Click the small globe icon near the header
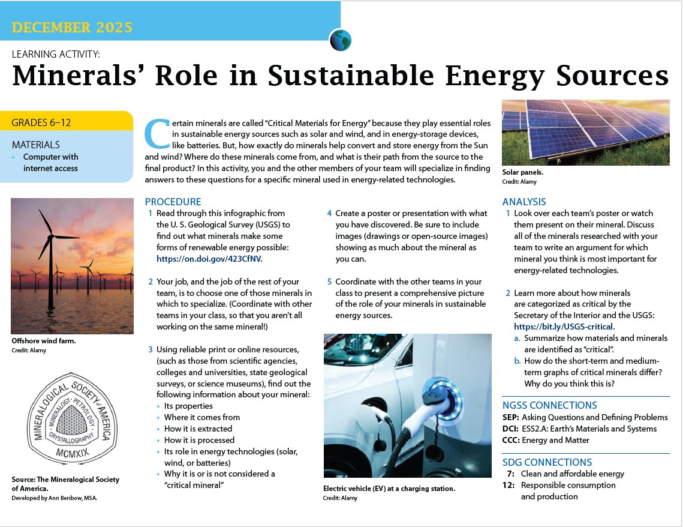click(x=340, y=40)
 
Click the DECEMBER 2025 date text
click(x=72, y=27)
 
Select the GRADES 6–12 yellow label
click(x=41, y=122)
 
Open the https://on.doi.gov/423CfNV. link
click(x=209, y=259)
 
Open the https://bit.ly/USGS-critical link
click(x=563, y=327)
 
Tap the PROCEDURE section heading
click(x=173, y=202)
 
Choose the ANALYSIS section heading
click(x=524, y=202)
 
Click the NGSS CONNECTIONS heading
click(x=550, y=405)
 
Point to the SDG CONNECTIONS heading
click(x=547, y=463)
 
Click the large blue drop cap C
click(x=157, y=133)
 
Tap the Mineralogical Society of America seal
click(x=73, y=418)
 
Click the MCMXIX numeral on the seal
click(x=73, y=453)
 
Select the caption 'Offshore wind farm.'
click(x=44, y=341)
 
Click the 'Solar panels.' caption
click(x=523, y=172)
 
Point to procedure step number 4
click(x=329, y=213)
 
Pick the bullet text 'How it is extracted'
click(x=198, y=429)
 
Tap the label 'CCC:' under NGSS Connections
click(x=511, y=440)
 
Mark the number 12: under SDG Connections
click(x=509, y=485)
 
